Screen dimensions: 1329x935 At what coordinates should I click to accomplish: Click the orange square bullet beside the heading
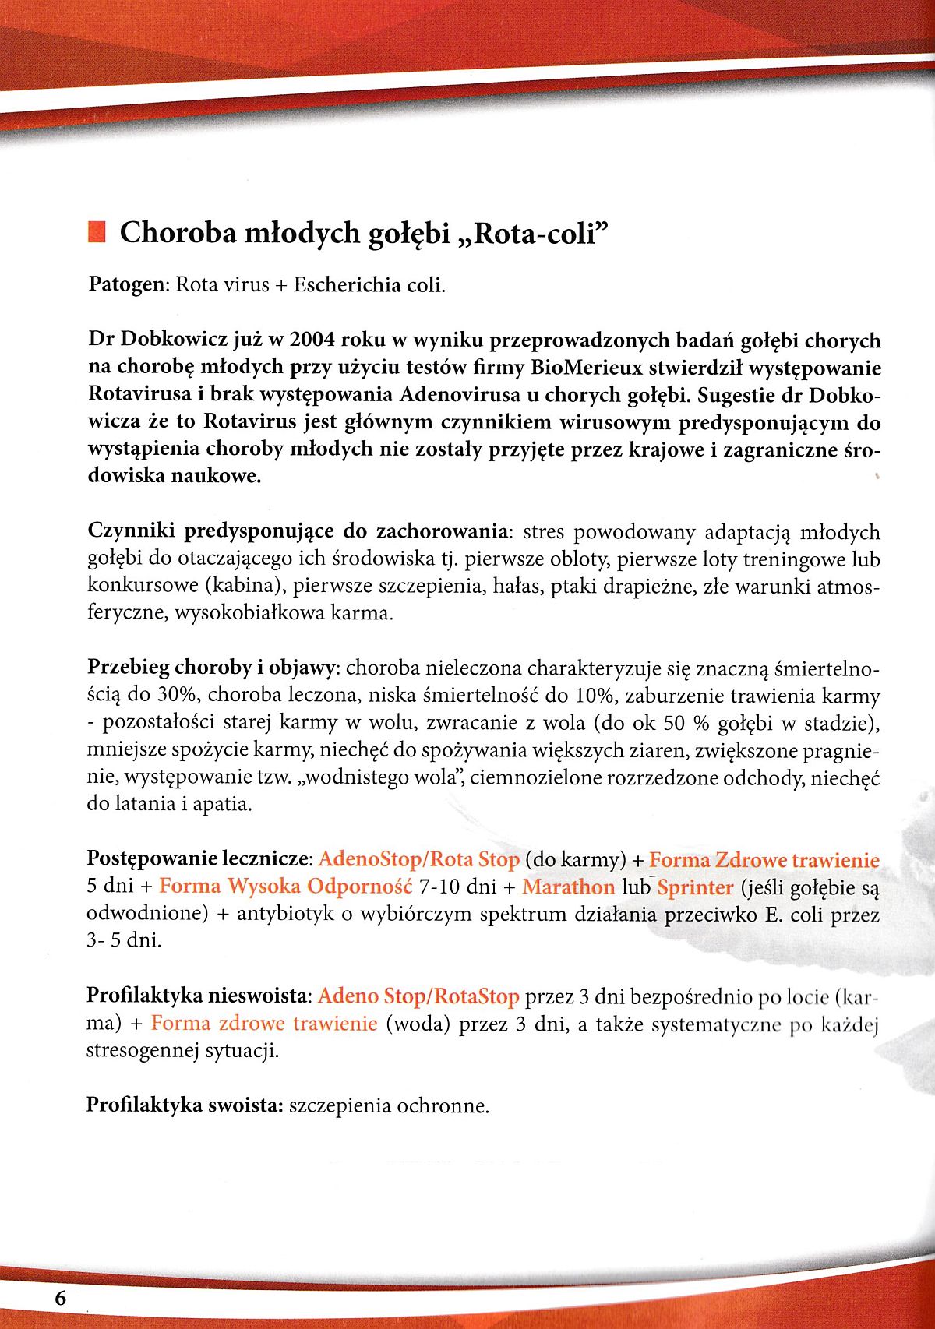click(97, 232)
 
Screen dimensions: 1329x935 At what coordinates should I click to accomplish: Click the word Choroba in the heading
click(174, 233)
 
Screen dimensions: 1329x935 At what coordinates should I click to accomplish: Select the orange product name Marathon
click(568, 887)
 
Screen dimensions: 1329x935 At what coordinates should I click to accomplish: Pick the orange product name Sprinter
click(695, 887)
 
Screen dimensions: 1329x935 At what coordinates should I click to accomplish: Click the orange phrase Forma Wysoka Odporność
click(285, 887)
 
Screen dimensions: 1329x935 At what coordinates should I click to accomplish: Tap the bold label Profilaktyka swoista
click(185, 1105)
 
